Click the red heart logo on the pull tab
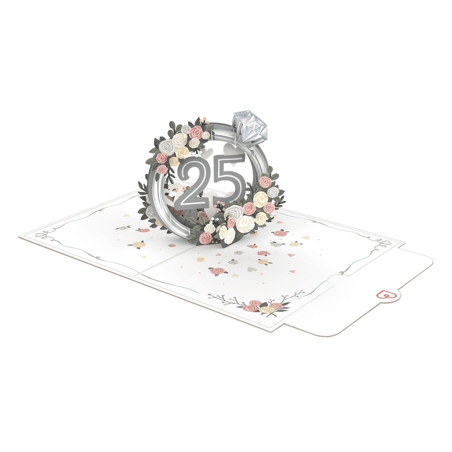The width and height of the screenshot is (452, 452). pos(385,294)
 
